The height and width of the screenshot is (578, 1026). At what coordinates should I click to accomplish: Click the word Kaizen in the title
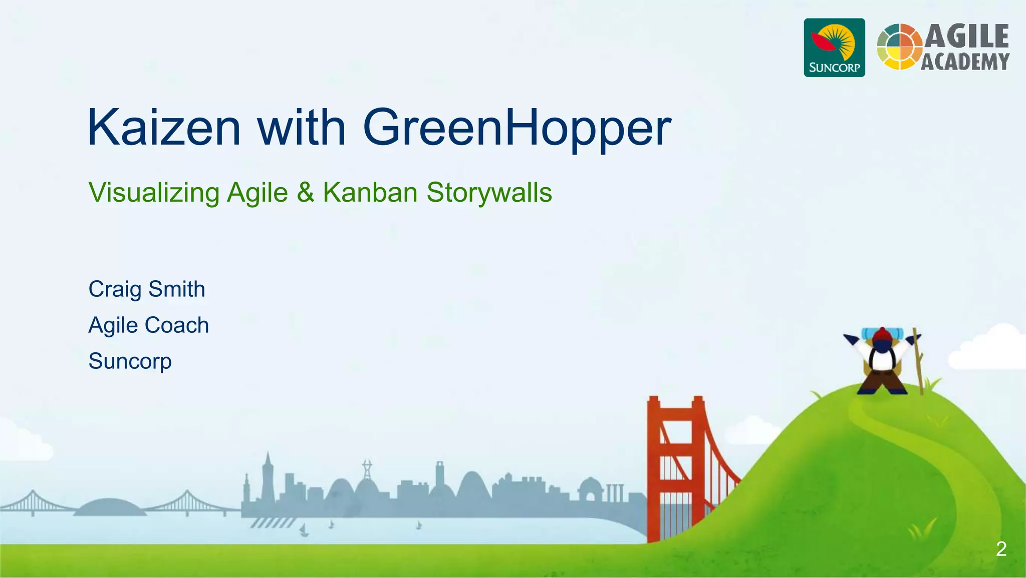click(x=164, y=128)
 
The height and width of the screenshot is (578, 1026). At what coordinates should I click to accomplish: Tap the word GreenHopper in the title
click(x=517, y=128)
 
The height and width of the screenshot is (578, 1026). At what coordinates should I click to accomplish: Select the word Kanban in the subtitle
click(x=370, y=192)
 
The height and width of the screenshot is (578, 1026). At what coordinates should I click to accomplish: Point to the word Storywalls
click(x=489, y=193)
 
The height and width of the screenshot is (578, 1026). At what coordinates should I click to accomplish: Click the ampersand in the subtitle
click(x=305, y=193)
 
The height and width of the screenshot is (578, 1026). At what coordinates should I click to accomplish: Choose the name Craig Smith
click(x=147, y=289)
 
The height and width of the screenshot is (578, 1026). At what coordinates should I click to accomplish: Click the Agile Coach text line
click(x=148, y=325)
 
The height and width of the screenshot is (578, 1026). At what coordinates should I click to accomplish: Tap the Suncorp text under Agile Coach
click(x=130, y=361)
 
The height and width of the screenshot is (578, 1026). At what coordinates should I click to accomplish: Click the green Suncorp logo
click(x=834, y=48)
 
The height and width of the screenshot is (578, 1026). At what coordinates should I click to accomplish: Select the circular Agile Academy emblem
click(x=899, y=47)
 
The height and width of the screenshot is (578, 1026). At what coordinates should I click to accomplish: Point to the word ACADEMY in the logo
click(x=965, y=62)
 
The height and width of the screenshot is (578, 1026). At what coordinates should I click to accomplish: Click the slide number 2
click(x=1001, y=549)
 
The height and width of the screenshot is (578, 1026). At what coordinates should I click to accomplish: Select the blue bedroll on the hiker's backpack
click(x=882, y=331)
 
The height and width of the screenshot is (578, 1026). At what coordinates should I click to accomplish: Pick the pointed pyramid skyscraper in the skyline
click(x=268, y=475)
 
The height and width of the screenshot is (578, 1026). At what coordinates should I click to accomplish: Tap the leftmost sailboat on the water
click(x=303, y=530)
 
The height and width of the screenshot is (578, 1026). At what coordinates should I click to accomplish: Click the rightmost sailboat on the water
click(x=419, y=525)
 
